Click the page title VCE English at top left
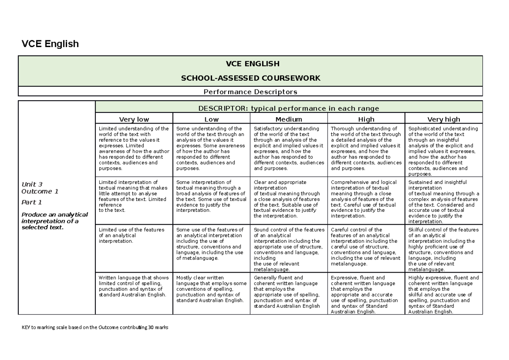[x=50, y=43]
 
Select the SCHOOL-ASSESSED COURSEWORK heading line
[x=250, y=78]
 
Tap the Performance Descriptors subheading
[x=250, y=92]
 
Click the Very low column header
[x=134, y=119]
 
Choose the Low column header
[x=211, y=119]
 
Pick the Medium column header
[x=288, y=119]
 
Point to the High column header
[x=366, y=119]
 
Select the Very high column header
[x=444, y=119]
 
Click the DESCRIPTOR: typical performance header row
[x=288, y=108]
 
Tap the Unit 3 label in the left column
[x=32, y=184]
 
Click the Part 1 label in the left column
[x=30, y=202]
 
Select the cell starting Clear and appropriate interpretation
[x=288, y=199]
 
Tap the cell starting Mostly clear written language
[x=211, y=289]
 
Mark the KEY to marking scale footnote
[x=95, y=327]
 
